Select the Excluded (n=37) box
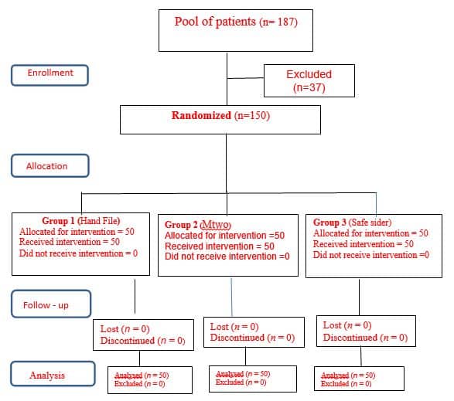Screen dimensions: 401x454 click(309, 80)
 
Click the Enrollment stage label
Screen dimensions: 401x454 click(49, 73)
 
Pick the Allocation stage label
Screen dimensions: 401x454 click(49, 166)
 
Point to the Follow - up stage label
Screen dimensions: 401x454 click(49, 305)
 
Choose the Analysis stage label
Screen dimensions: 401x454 click(49, 376)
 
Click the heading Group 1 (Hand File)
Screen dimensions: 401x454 click(80, 220)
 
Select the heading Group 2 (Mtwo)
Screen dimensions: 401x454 click(200, 225)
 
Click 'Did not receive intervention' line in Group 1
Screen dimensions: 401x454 click(78, 253)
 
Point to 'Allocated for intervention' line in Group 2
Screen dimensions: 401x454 click(224, 236)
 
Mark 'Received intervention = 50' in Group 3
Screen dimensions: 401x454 click(363, 244)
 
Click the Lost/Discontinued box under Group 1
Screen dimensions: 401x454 click(143, 335)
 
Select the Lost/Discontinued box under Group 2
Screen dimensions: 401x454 click(252, 332)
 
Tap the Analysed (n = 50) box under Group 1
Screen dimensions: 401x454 click(142, 379)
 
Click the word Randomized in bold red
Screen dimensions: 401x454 click(201, 116)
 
